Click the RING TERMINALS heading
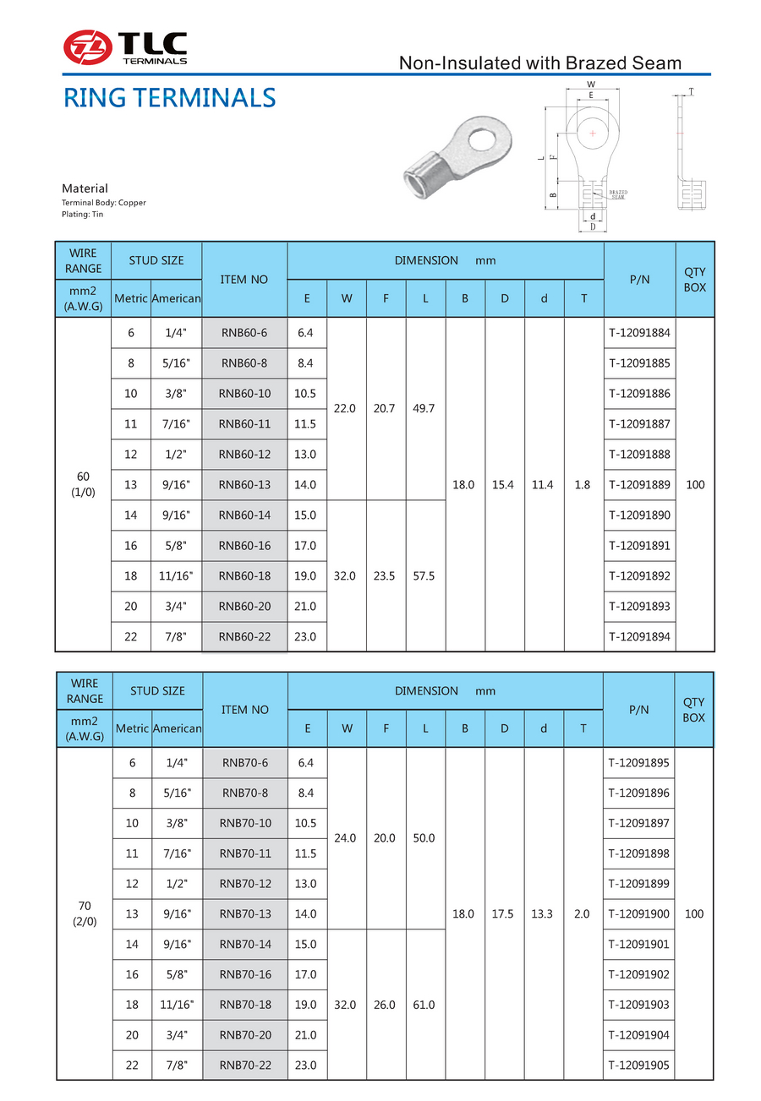pyautogui.click(x=170, y=98)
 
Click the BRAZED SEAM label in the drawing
pyautogui.click(x=618, y=194)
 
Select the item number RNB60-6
pyautogui.click(x=244, y=333)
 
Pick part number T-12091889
pyautogui.click(x=639, y=484)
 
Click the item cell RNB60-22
pyautogui.click(x=244, y=636)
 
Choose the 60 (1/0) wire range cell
pyautogui.click(x=83, y=484)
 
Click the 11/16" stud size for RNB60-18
pyautogui.click(x=176, y=575)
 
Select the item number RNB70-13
pyautogui.click(x=245, y=914)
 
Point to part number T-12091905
pyautogui.click(x=638, y=1066)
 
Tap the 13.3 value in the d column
pyautogui.click(x=544, y=914)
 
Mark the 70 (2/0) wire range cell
pyautogui.click(x=84, y=914)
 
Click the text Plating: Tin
pyautogui.click(x=83, y=215)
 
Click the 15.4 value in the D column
pyautogui.click(x=505, y=484)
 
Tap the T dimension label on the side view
pyautogui.click(x=691, y=91)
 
